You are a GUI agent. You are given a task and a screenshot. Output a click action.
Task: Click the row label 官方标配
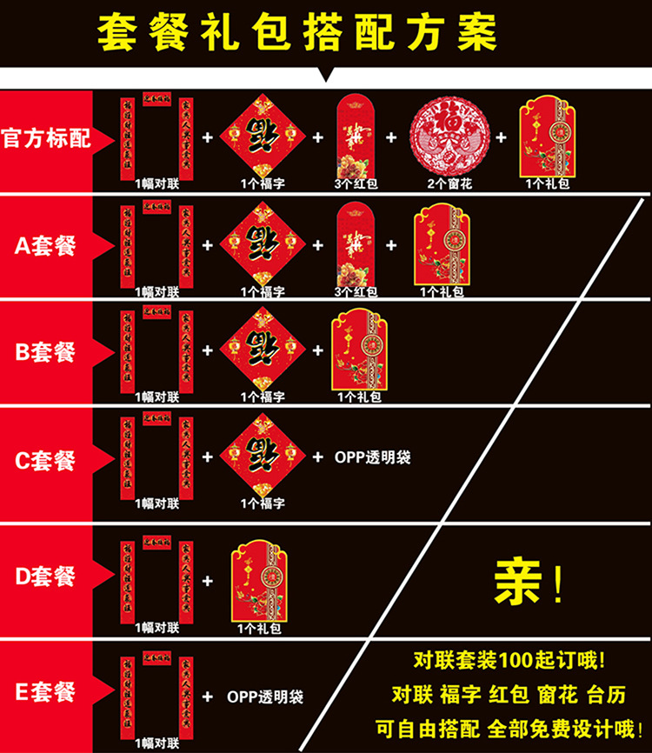coord(46,139)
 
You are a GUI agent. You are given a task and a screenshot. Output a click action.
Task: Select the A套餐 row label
coord(46,246)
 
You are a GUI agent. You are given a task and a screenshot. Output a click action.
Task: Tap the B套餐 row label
coord(46,352)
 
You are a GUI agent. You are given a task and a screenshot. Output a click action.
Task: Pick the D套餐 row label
coord(46,576)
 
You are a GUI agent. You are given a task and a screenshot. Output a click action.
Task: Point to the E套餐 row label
coord(46,692)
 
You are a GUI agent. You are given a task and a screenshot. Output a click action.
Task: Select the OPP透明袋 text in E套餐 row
coord(265,696)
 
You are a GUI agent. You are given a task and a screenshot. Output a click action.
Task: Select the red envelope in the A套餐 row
coord(355,243)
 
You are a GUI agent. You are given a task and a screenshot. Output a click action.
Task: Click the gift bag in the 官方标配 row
coord(548,139)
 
